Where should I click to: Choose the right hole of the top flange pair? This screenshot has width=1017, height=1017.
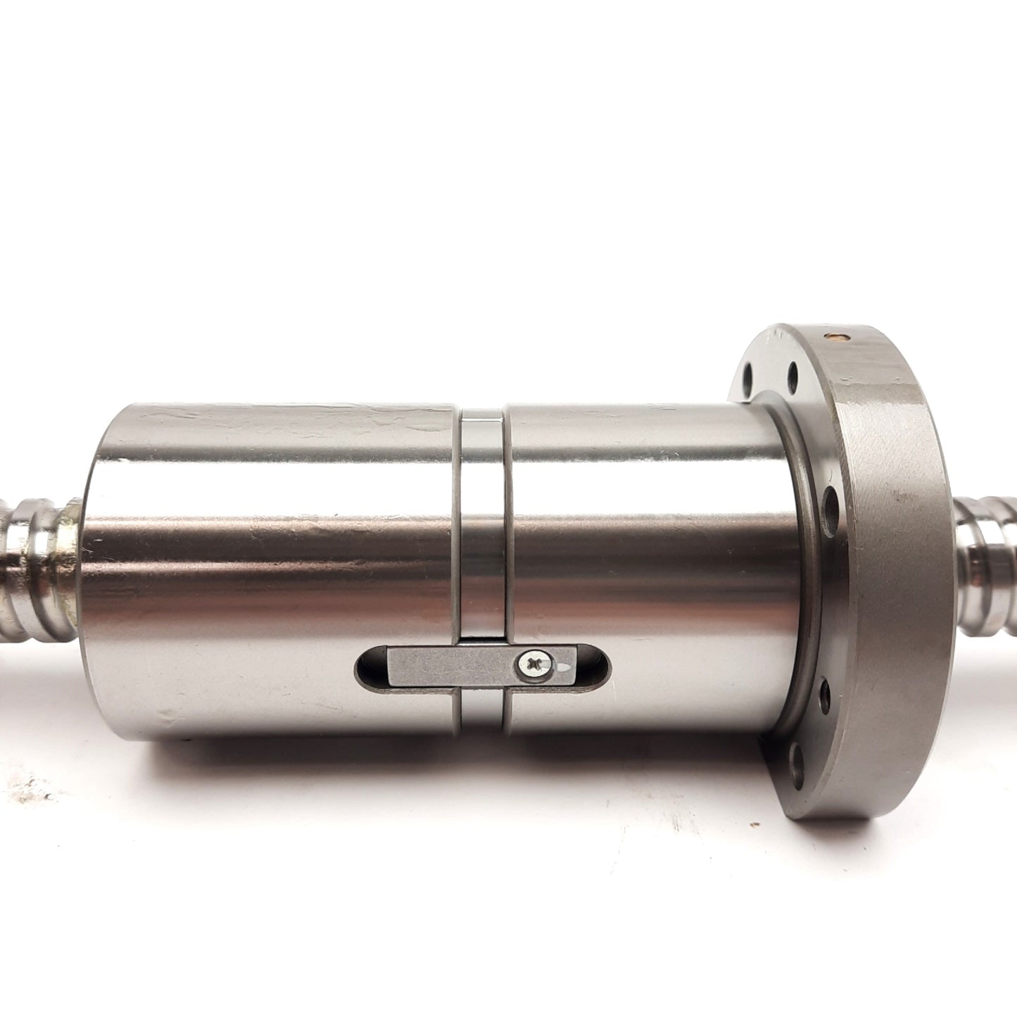click(x=794, y=369)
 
